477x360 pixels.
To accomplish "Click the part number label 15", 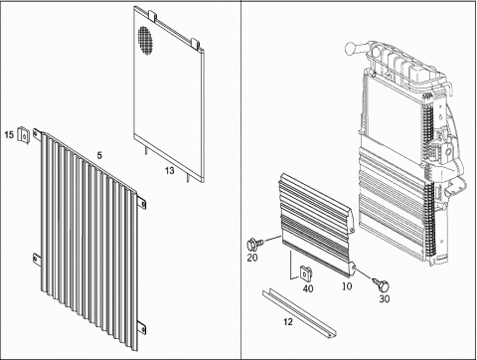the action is pyautogui.click(x=9, y=134).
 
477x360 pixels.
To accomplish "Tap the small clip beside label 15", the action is pyautogui.click(x=24, y=135).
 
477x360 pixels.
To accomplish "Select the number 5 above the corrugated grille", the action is pyautogui.click(x=99, y=155).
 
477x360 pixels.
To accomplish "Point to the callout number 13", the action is pyautogui.click(x=170, y=170).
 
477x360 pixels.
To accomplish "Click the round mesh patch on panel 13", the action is pyautogui.click(x=146, y=40).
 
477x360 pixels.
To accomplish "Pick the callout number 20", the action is pyautogui.click(x=252, y=258).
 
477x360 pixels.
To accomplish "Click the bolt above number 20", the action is pyautogui.click(x=255, y=245).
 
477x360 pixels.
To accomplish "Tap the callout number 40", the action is pyautogui.click(x=308, y=288).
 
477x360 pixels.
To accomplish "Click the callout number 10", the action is pyautogui.click(x=347, y=286).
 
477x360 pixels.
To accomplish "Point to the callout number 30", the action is pyautogui.click(x=385, y=298).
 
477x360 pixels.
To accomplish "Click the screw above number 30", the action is pyautogui.click(x=382, y=284).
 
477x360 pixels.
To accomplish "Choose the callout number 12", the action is pyautogui.click(x=288, y=321).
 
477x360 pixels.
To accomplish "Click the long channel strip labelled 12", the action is pyautogui.click(x=299, y=314).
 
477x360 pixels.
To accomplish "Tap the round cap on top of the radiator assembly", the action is pyautogui.click(x=351, y=49).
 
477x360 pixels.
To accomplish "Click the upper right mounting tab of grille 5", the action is pyautogui.click(x=142, y=203).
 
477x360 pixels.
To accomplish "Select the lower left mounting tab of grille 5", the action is pyautogui.click(x=36, y=260).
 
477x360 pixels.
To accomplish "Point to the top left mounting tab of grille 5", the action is pyautogui.click(x=37, y=134).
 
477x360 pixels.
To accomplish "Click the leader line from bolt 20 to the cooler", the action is pyautogui.click(x=272, y=240).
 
